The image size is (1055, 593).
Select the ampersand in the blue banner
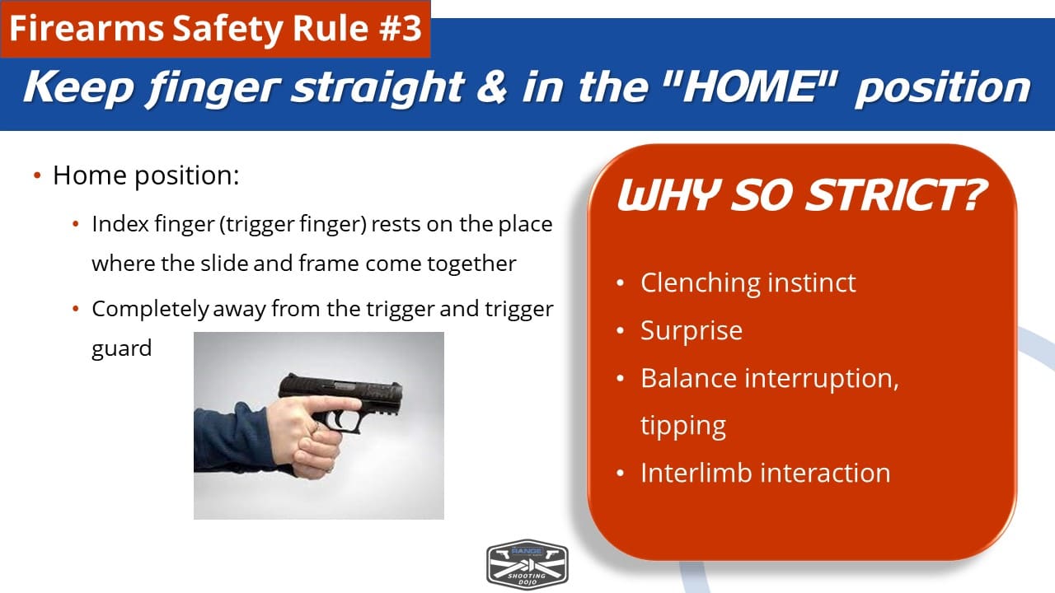(x=492, y=87)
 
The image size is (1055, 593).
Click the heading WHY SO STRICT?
(x=802, y=195)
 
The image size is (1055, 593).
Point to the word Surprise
(x=692, y=330)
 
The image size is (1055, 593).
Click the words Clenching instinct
(x=748, y=282)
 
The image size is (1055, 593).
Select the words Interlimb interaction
(x=766, y=473)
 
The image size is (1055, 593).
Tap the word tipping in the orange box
(x=683, y=427)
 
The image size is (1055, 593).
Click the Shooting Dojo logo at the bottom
(x=527, y=564)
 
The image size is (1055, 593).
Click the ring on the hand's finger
(x=316, y=427)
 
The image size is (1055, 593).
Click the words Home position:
(x=146, y=175)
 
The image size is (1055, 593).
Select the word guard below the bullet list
(x=121, y=348)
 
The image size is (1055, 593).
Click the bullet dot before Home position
(x=37, y=176)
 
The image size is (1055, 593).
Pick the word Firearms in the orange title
(x=87, y=28)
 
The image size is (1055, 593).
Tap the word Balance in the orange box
(x=688, y=378)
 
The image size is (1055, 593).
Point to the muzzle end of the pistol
(x=401, y=400)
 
